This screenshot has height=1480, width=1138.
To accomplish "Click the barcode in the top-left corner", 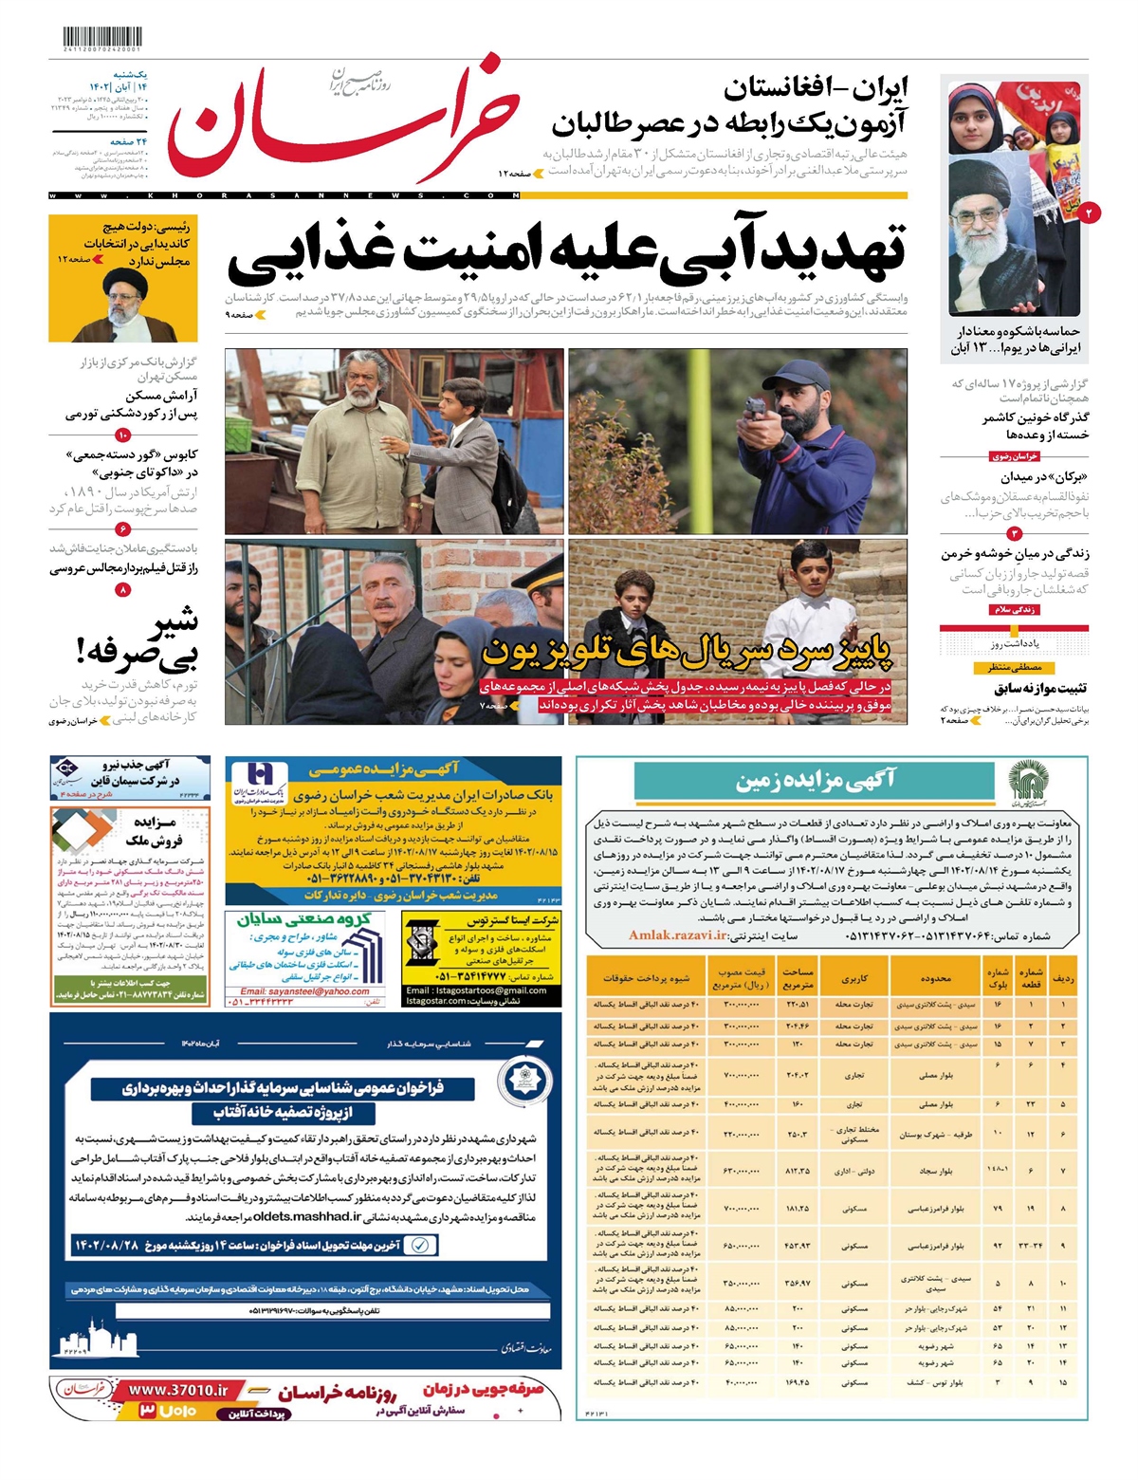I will [x=95, y=40].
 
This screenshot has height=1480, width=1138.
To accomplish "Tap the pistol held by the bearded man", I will [x=755, y=410].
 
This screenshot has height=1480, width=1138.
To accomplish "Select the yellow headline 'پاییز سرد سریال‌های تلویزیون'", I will [x=688, y=652].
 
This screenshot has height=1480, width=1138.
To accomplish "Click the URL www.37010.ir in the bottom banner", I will [x=178, y=1390].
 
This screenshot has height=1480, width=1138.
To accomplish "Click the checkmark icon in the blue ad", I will [x=423, y=1245].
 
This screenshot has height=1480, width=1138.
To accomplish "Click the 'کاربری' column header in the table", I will [x=853, y=977].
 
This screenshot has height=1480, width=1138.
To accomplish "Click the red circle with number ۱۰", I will [x=123, y=435].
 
